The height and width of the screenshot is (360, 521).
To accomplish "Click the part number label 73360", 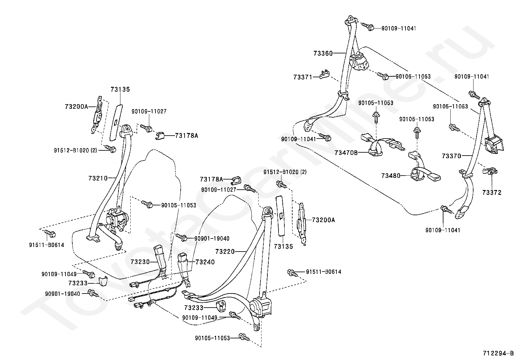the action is coord(323,53).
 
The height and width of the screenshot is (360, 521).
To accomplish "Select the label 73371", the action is coord(303,77).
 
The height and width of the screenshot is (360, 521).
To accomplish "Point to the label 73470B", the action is coord(346,153).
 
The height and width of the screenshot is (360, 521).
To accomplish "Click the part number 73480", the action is coord(391,176).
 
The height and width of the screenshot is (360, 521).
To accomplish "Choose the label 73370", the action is coord(451,156).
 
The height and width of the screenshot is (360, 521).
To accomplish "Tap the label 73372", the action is coord(492,193).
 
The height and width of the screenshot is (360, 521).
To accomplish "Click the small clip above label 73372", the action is coord(490,171).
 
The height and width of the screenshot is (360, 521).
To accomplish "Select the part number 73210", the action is coord(98,179).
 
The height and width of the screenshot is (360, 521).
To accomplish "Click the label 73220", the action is coord(225,252).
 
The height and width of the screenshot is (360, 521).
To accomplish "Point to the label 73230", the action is coord(140,262).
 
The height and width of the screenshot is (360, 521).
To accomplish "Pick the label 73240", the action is coord(205,262).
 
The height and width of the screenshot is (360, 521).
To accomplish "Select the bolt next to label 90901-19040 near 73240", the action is coord(182,237).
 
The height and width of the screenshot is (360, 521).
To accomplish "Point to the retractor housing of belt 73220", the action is coord(260,307).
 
